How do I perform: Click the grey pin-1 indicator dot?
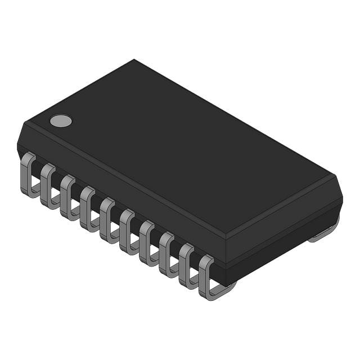point(61,120)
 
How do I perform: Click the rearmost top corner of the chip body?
point(134,60)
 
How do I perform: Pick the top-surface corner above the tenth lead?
point(226,236)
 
